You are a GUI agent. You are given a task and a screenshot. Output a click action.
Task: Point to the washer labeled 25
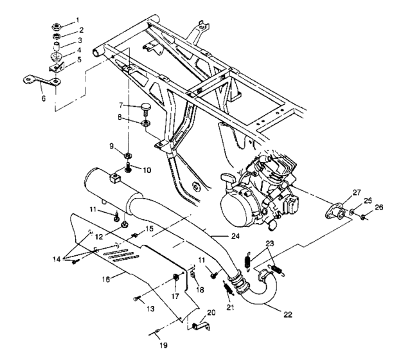[x=353, y=212]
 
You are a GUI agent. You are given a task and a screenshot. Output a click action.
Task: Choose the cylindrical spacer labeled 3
[x=58, y=50]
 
